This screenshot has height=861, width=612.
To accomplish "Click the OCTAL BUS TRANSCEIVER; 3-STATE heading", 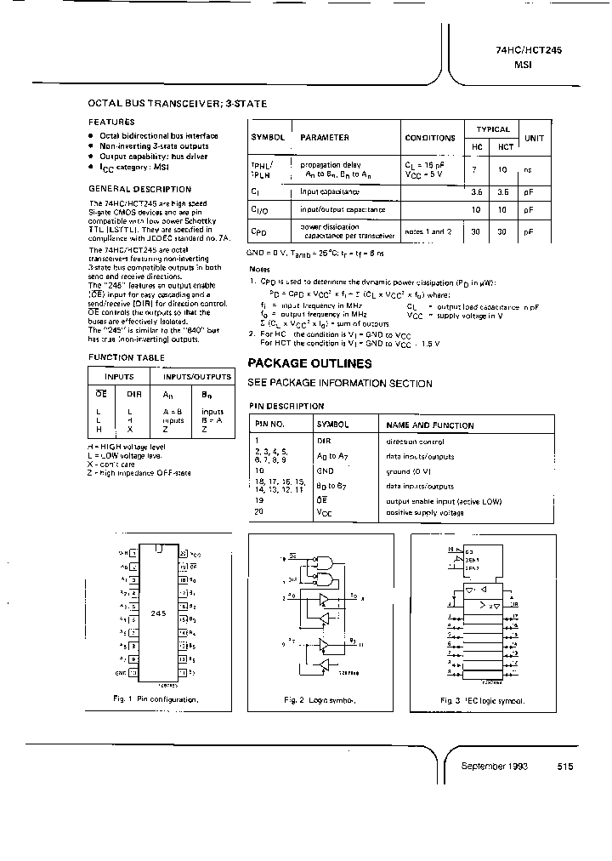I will [x=178, y=104].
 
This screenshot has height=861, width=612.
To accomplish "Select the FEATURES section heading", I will [x=111, y=122].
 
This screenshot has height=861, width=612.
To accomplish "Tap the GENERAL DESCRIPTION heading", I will [x=140, y=189].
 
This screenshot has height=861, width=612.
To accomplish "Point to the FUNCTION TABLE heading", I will [x=127, y=357].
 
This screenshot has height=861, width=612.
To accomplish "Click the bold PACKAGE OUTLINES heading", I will [x=309, y=363].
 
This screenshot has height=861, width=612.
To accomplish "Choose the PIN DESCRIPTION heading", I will [x=286, y=407].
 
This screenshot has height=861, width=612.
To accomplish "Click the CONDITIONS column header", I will [x=429, y=137].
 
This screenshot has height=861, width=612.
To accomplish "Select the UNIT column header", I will [x=534, y=137].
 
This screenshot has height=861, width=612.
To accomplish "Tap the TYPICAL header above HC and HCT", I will [x=493, y=129].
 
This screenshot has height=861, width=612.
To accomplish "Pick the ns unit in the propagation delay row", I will [x=529, y=170].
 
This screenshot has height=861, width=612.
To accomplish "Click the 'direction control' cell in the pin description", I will [x=415, y=442].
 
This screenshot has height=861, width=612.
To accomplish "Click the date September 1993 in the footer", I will [x=495, y=766].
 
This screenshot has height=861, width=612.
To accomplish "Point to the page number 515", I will [x=565, y=766].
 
